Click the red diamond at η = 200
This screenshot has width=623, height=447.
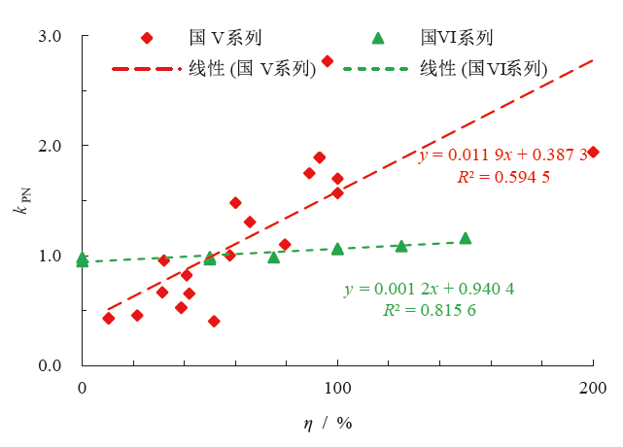pyautogui.click(x=593, y=152)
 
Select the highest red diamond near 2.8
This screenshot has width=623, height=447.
pyautogui.click(x=328, y=61)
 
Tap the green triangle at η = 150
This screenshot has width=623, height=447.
pyautogui.click(x=466, y=238)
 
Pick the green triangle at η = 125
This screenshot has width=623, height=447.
pyautogui.click(x=401, y=246)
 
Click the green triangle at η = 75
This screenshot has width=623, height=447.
pyautogui.click(x=274, y=257)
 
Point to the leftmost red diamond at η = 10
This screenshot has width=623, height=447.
pyautogui.click(x=108, y=318)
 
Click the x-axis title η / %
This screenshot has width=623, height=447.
pyautogui.click(x=327, y=426)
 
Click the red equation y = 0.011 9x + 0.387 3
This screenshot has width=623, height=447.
pyautogui.click(x=502, y=155)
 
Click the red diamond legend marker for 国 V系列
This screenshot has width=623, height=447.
pyautogui.click(x=147, y=38)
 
